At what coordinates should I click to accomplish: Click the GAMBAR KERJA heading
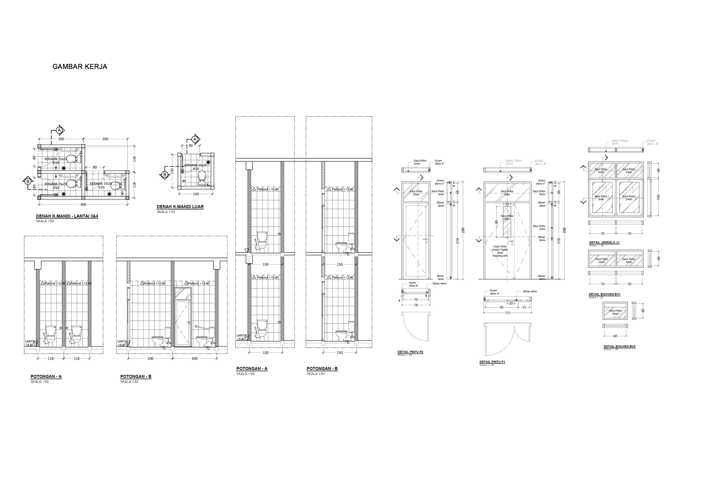pos(80,67)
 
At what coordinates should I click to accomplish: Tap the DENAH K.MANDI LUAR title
pos(180,207)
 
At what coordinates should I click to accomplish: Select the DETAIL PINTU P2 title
pos(410,352)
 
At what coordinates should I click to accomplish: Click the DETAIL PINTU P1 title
pos(492,362)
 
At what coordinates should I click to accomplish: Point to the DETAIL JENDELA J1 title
pos(604,242)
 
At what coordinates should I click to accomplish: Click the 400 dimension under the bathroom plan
pos(83,204)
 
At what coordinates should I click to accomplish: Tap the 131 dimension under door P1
pos(508,313)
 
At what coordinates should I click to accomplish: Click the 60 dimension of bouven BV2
pos(615,336)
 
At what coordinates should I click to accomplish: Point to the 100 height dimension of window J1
pos(658,197)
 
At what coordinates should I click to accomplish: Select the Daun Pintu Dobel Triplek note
pos(500,251)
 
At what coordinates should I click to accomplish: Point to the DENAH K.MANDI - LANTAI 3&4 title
pos(67,216)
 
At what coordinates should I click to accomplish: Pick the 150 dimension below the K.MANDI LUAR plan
pos(196,194)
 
